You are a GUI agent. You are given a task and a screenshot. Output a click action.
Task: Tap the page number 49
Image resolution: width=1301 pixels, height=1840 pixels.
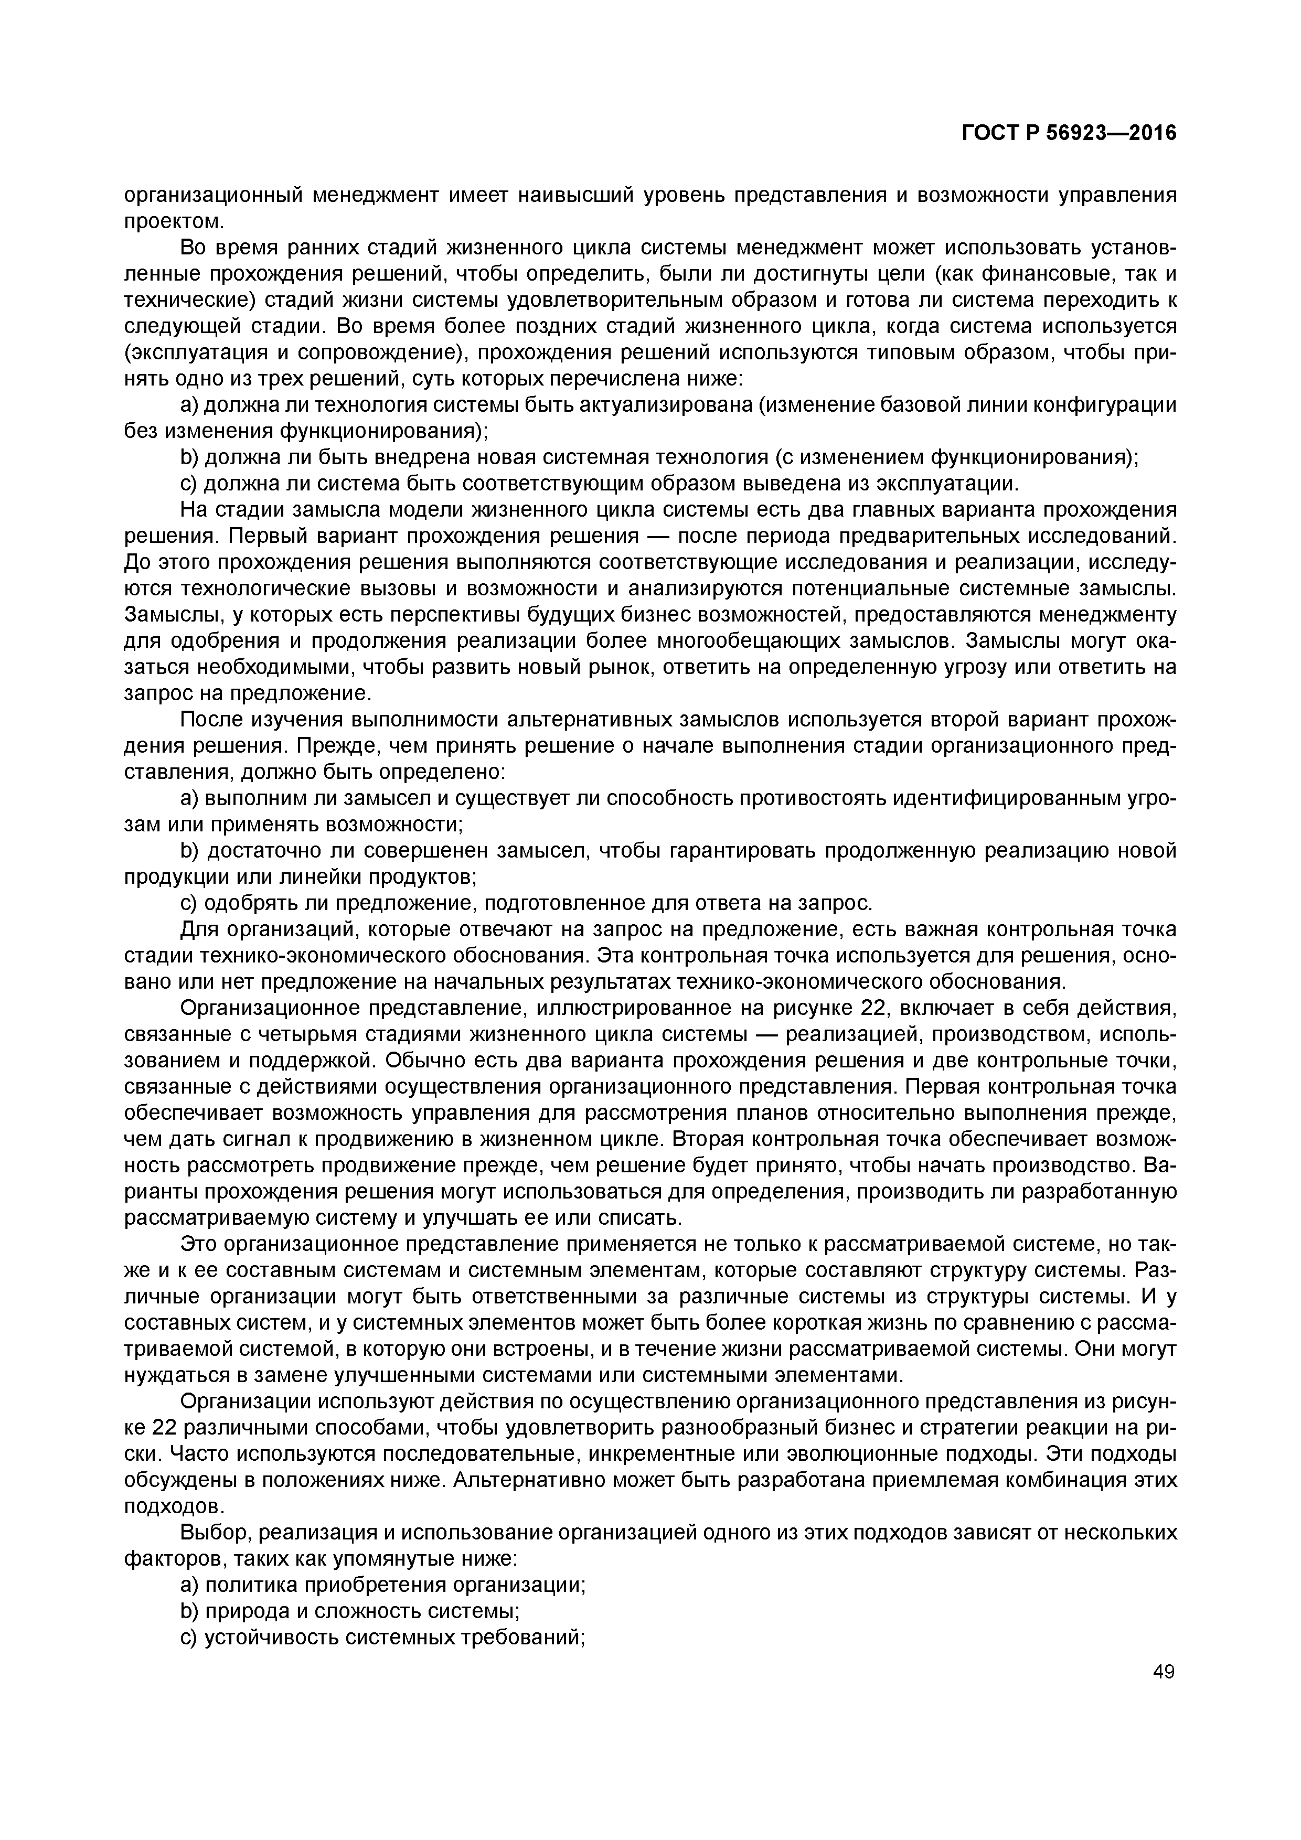[1163, 1672]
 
